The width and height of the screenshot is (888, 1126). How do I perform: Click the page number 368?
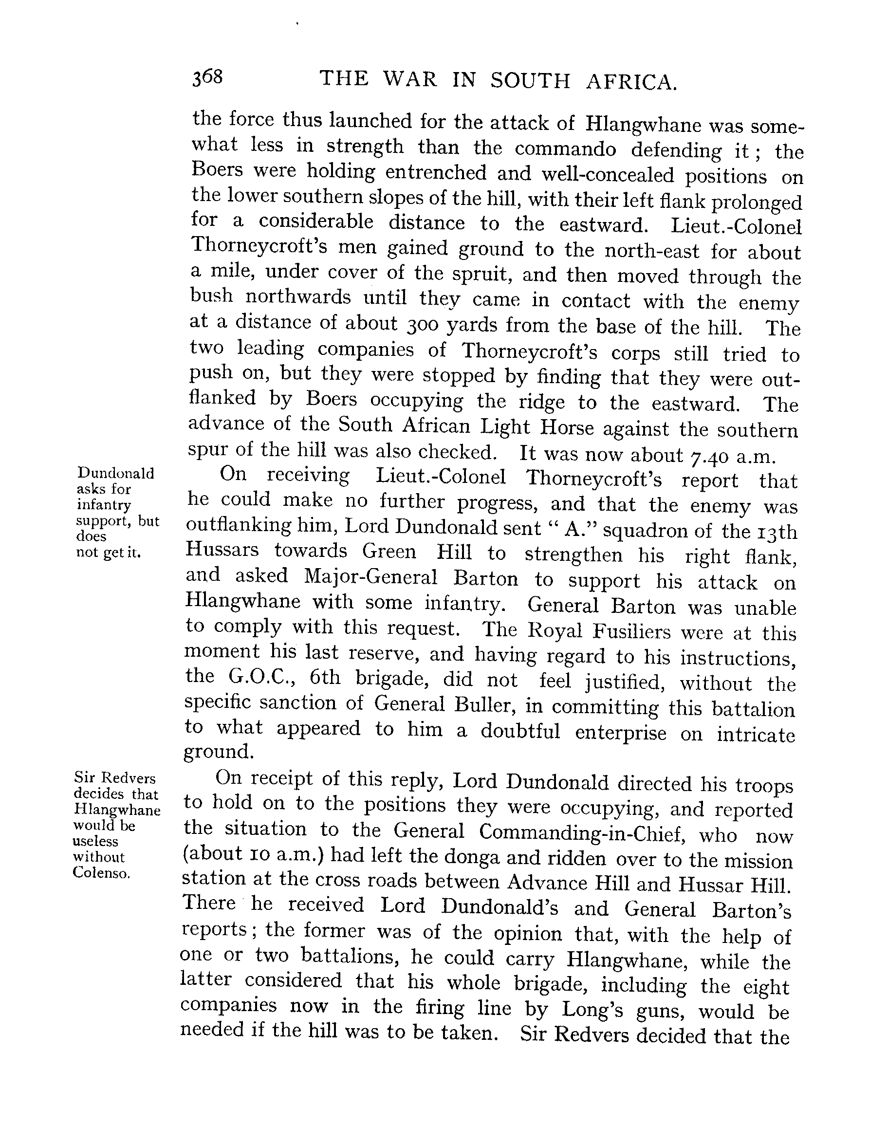click(207, 77)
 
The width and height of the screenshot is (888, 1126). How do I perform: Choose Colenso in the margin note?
click(101, 873)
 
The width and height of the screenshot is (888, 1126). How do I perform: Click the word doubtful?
click(520, 731)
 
